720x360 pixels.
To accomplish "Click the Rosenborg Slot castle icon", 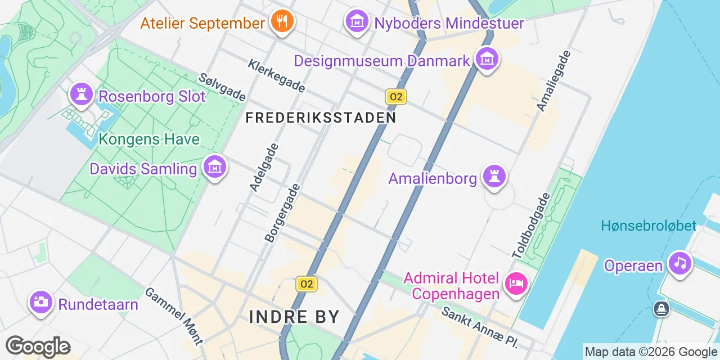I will [81, 94].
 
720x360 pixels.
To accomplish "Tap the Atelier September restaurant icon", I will [281, 22].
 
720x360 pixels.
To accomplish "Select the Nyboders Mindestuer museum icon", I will [357, 21].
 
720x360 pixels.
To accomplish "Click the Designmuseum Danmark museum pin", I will [487, 58].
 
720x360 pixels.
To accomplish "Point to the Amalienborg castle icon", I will [494, 176].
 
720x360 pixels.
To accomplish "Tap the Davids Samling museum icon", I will [215, 166].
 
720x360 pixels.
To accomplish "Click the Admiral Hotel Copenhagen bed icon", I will [515, 282].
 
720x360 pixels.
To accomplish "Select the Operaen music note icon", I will [679, 263].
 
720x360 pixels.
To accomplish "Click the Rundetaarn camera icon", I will [40, 302].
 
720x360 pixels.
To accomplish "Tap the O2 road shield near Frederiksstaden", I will [396, 97].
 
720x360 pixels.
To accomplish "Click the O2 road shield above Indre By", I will [307, 284].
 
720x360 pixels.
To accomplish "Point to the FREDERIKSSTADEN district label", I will [321, 118].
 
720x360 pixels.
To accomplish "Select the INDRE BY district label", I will [294, 317].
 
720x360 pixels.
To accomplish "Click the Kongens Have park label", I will [149, 139].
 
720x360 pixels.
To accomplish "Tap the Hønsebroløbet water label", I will [649, 226].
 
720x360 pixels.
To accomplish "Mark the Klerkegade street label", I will [276, 76].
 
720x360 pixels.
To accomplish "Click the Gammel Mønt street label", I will [174, 316].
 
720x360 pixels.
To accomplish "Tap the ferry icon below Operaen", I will [661, 308].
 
